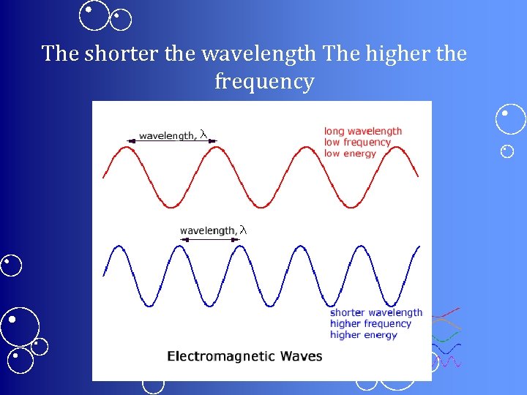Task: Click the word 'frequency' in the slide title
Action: click(x=264, y=81)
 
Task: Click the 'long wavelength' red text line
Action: click(x=363, y=132)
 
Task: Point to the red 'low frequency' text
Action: click(x=358, y=143)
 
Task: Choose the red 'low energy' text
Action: click(x=350, y=154)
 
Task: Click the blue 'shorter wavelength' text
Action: click(x=376, y=313)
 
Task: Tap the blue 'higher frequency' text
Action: click(x=370, y=324)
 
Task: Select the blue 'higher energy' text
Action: click(x=364, y=335)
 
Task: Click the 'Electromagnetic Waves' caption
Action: click(x=244, y=357)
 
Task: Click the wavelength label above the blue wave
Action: click(x=208, y=231)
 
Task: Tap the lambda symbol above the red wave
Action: click(x=204, y=135)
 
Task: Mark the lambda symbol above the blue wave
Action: click(x=244, y=230)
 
